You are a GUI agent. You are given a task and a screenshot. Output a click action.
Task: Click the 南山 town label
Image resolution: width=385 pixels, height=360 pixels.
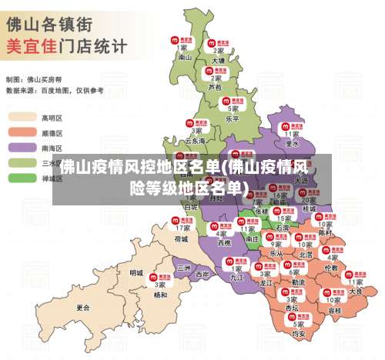(185, 57)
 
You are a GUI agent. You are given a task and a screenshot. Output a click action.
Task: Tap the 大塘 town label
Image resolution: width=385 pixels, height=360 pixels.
(218, 60)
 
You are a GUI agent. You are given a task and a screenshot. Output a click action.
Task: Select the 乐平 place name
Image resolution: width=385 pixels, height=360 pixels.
(233, 119)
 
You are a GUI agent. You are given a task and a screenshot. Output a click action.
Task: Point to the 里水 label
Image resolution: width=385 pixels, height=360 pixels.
(292, 143)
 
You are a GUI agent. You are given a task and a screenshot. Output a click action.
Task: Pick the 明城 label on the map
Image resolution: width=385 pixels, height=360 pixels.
(136, 272)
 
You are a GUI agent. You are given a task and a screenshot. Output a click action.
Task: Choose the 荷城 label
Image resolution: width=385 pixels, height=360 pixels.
(181, 238)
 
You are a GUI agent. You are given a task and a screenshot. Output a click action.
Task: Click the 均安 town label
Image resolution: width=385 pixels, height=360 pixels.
(299, 334)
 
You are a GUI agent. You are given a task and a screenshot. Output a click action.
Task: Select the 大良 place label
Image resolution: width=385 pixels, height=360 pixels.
(356, 292)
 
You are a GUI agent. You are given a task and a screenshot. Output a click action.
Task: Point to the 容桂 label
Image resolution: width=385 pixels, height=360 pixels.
(334, 310)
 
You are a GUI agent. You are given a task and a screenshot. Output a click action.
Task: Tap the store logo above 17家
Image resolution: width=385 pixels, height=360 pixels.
(182, 218)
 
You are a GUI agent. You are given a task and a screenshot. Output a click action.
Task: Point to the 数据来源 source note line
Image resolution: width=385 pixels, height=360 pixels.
(54, 90)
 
